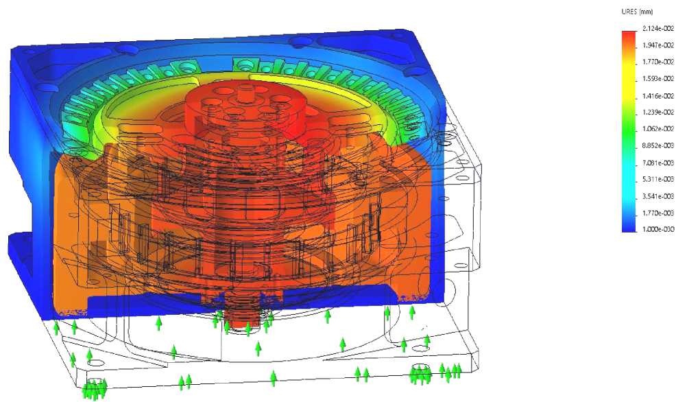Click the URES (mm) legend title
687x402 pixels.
pos(637,12)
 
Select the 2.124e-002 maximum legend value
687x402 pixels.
pos(658,29)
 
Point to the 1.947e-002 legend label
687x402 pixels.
pos(658,45)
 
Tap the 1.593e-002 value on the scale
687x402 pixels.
pos(658,79)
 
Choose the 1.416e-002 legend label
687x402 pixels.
pos(658,96)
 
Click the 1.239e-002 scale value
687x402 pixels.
pos(658,113)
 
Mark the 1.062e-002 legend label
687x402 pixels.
pos(658,129)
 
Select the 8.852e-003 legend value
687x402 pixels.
pos(658,145)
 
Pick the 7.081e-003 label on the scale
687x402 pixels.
pos(658,163)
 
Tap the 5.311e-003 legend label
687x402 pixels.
pos(658,179)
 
